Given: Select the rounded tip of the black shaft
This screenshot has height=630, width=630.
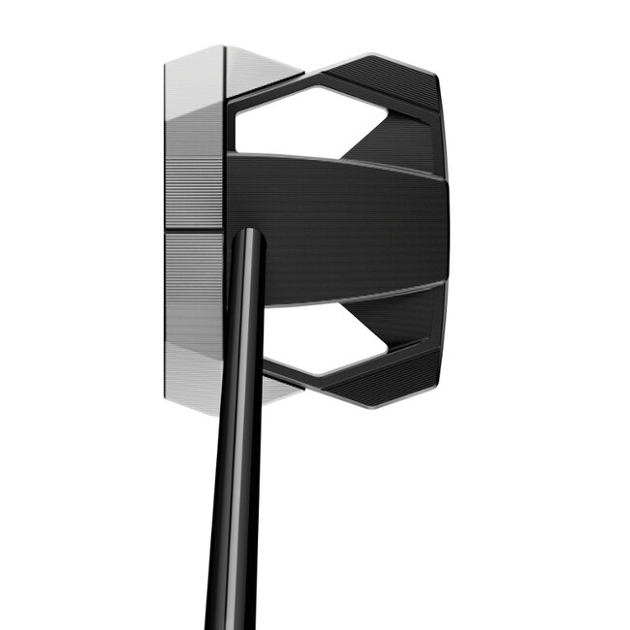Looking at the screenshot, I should [248, 236].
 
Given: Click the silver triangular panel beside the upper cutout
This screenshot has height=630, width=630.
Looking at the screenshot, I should [262, 70].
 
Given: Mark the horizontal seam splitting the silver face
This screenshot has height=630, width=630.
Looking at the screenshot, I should [194, 231].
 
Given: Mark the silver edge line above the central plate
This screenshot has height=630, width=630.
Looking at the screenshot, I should [339, 161].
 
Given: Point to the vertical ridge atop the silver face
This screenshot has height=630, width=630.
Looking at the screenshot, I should [225, 68].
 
